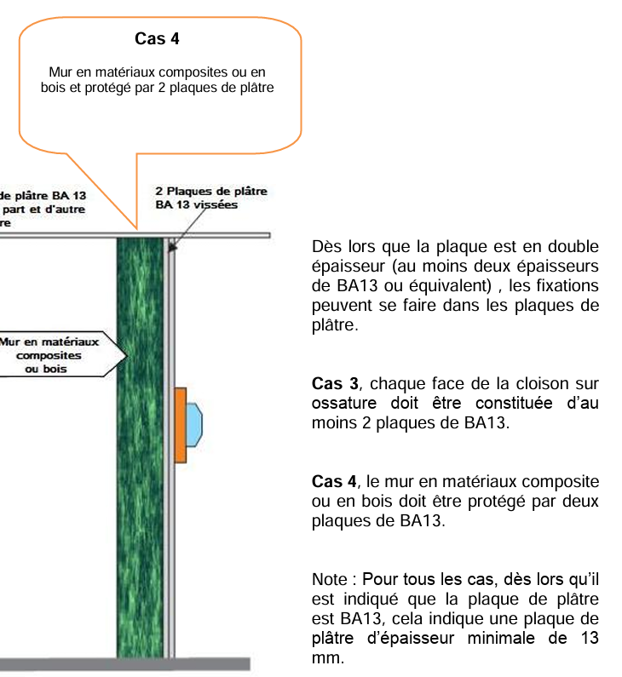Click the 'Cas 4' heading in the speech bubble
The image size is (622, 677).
click(x=157, y=38)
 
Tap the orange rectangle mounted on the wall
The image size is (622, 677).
click(x=180, y=425)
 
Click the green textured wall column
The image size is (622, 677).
click(x=140, y=443)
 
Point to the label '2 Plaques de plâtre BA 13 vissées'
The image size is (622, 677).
click(x=210, y=198)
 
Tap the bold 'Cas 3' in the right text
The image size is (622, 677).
click(x=331, y=385)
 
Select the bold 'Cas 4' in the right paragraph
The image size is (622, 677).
click(x=331, y=483)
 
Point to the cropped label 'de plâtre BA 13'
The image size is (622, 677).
click(x=43, y=195)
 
